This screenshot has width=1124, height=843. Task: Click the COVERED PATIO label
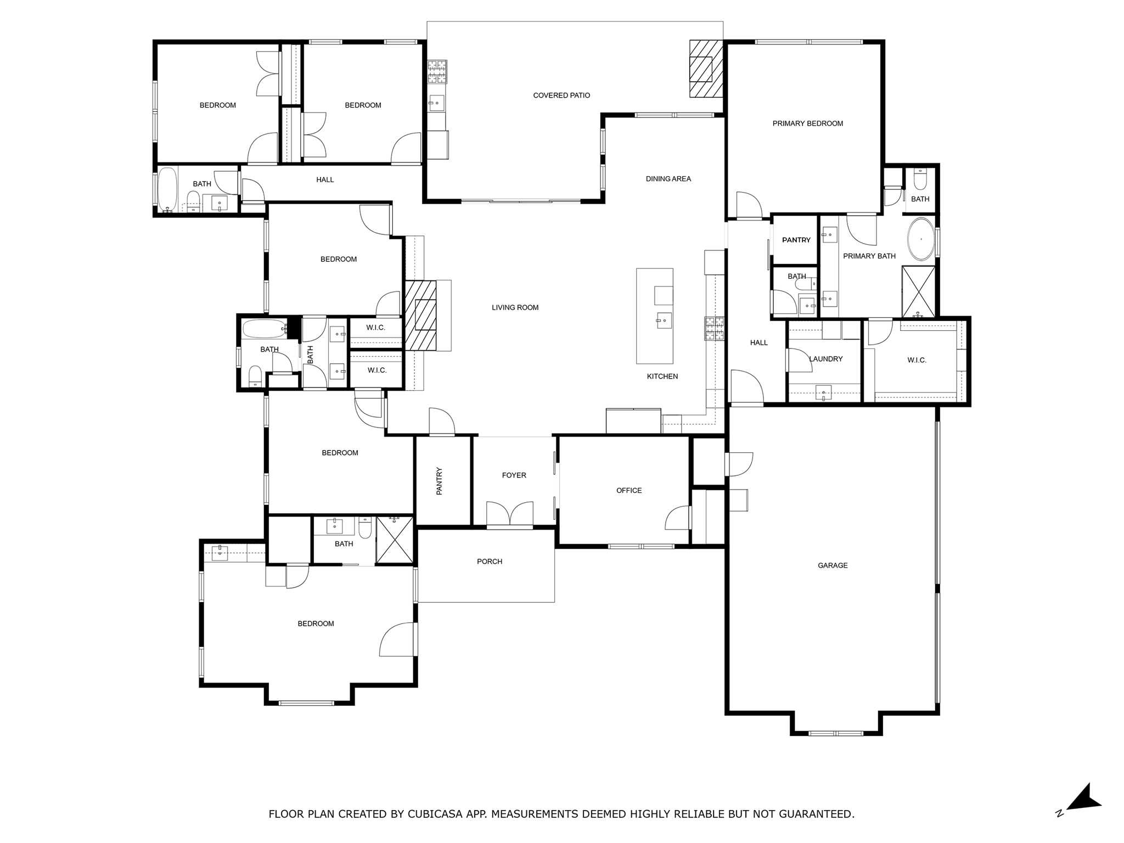pyautogui.click(x=561, y=95)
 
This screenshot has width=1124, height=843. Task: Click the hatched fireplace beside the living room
pyautogui.click(x=421, y=316)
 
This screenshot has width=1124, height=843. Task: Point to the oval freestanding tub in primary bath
pyautogui.click(x=920, y=239)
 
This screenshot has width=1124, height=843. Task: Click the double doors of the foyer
pyautogui.click(x=510, y=514)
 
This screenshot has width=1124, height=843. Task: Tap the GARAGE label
pyautogui.click(x=832, y=565)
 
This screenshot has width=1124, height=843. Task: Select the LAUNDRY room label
pyautogui.click(x=825, y=359)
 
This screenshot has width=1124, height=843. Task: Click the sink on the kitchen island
pyautogui.click(x=664, y=320)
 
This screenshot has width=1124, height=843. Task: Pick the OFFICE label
pyautogui.click(x=628, y=491)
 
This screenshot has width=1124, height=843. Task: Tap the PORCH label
pyautogui.click(x=489, y=561)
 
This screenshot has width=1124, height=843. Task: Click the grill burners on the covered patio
pyautogui.click(x=437, y=71)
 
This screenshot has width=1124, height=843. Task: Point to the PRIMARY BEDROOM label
pyautogui.click(x=807, y=123)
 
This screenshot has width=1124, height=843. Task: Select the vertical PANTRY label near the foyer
pyautogui.click(x=439, y=481)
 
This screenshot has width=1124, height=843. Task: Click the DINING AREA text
pyautogui.click(x=668, y=179)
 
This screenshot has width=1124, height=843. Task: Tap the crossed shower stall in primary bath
pyautogui.click(x=918, y=291)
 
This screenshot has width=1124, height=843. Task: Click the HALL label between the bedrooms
pyautogui.click(x=325, y=179)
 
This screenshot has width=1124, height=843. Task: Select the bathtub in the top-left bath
pyautogui.click(x=167, y=189)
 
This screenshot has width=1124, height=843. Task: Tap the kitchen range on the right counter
pyautogui.click(x=714, y=329)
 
